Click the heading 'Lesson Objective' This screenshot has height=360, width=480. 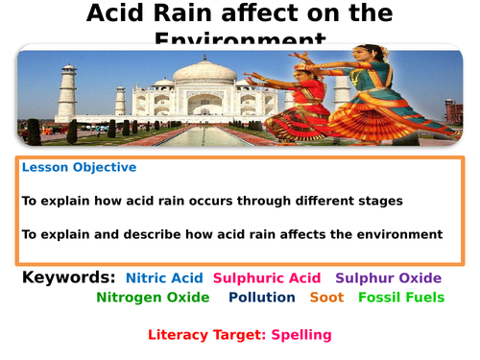coord(79,167)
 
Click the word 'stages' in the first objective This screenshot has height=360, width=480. coord(377,201)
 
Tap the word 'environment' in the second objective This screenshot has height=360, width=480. coord(397,234)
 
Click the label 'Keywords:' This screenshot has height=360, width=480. coord(68,277)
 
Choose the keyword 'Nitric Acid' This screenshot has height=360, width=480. coord(164,278)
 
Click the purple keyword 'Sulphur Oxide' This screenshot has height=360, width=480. coord(388,278)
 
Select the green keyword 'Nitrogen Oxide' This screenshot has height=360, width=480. coord(153,298)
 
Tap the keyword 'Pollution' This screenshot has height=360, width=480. coord(261,298)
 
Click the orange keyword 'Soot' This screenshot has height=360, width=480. coord(326,298)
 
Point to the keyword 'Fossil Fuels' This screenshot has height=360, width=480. coord(401,298)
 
